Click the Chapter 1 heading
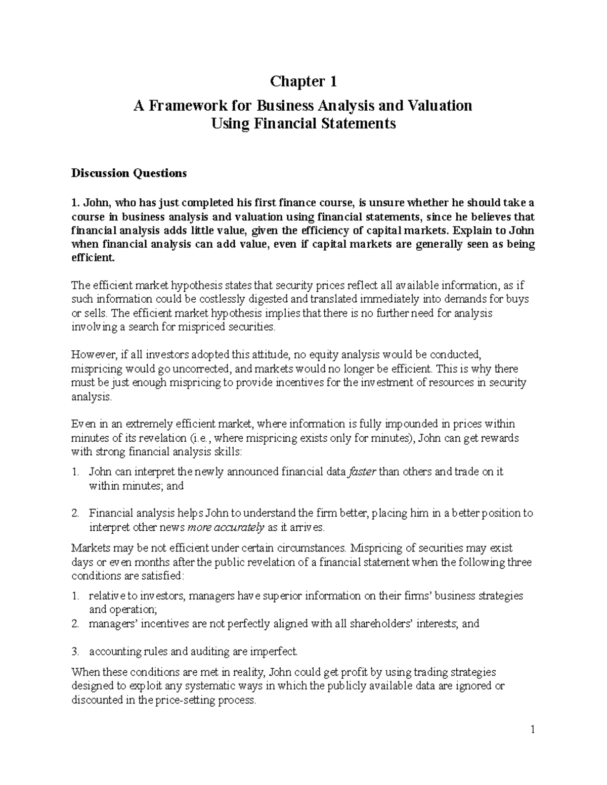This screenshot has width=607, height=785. (303, 81)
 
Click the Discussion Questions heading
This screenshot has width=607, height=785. (129, 173)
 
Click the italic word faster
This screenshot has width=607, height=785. (363, 472)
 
